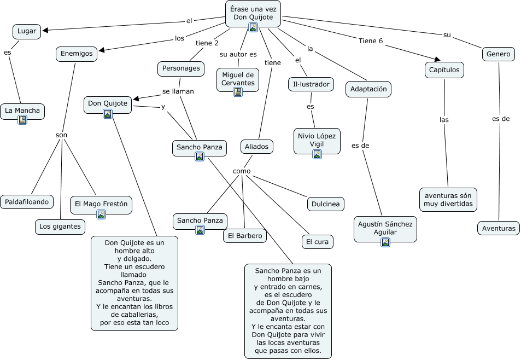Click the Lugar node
(x=27, y=31)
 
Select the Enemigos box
(x=77, y=54)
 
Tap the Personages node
(x=181, y=68)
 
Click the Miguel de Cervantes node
(x=238, y=80)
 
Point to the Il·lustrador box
(x=311, y=84)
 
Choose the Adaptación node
(x=368, y=89)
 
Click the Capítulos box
(x=444, y=70)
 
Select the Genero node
(x=499, y=54)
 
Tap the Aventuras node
(x=499, y=228)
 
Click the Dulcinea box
(x=326, y=204)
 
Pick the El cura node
(x=317, y=242)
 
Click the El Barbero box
(x=245, y=236)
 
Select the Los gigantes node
(x=60, y=227)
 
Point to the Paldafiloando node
(x=27, y=202)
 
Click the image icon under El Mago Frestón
(x=101, y=214)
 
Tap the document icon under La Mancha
(x=22, y=120)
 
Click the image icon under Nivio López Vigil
(x=317, y=154)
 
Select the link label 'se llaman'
(x=178, y=91)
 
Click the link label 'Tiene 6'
(x=371, y=41)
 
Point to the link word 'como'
(x=242, y=171)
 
